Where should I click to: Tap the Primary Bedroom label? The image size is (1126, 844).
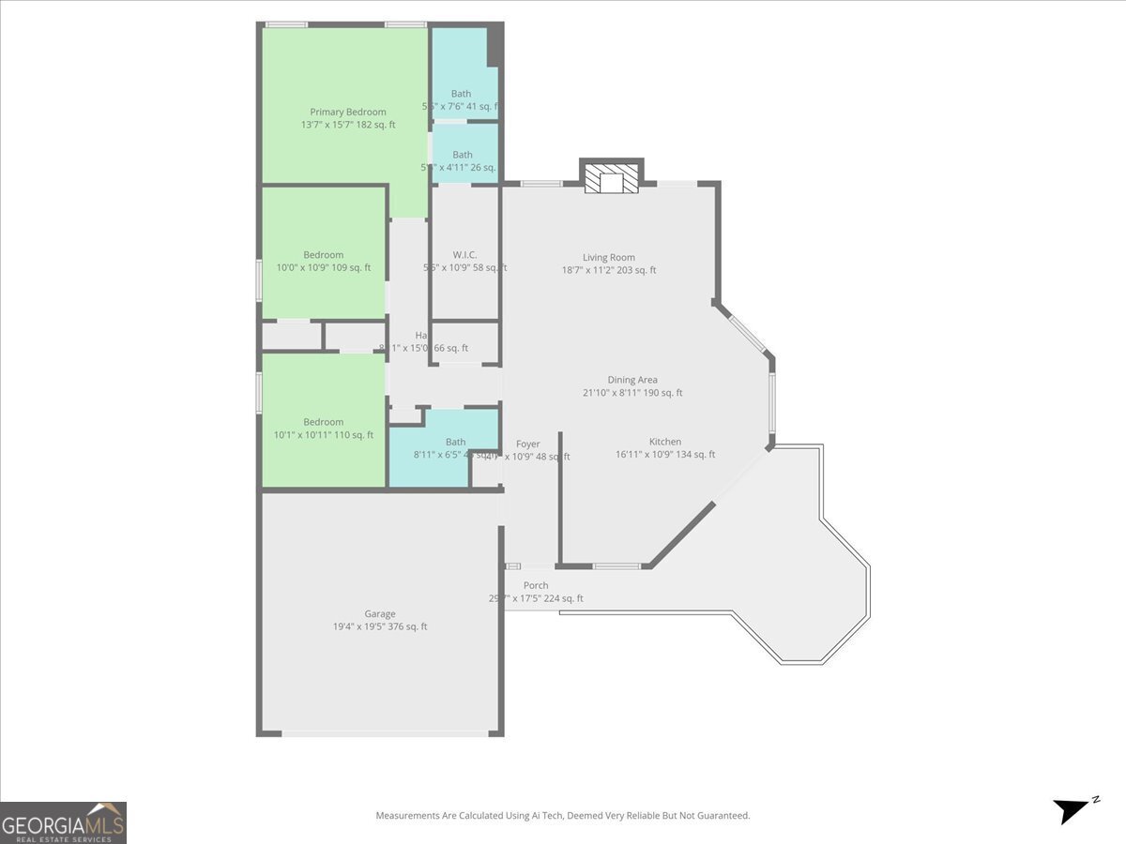(x=348, y=112)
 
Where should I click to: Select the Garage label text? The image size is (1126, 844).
(x=380, y=614)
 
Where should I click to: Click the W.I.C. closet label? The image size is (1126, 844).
(x=464, y=255)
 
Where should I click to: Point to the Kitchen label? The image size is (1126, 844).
(x=665, y=442)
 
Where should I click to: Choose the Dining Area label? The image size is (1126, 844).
(x=632, y=380)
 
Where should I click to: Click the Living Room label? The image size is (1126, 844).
(x=609, y=257)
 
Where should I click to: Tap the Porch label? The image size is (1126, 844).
(x=536, y=585)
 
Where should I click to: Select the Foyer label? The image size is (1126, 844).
(x=528, y=444)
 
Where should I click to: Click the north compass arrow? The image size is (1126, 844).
(x=1072, y=809)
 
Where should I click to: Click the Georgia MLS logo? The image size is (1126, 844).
(x=64, y=822)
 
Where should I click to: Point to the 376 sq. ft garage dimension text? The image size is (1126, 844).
(x=380, y=626)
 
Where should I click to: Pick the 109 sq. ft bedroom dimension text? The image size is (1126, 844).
(x=323, y=267)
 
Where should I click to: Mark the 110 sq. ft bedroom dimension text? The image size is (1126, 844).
(x=324, y=434)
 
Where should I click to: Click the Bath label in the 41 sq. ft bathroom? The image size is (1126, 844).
(x=462, y=94)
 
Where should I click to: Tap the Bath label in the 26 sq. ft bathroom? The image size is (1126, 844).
(x=463, y=155)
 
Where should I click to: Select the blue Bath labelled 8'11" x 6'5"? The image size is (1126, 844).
(x=455, y=442)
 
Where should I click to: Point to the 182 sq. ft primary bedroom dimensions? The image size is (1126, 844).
(x=348, y=124)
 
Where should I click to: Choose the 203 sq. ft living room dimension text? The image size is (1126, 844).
(x=609, y=270)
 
